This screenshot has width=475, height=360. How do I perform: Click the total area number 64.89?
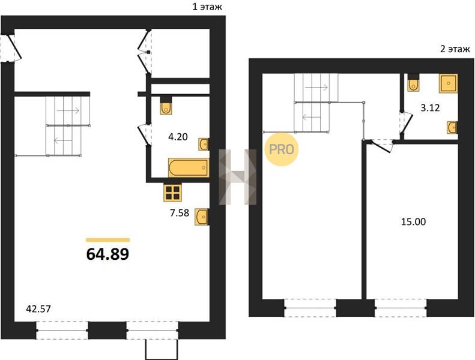pyautogui.click(x=108, y=254)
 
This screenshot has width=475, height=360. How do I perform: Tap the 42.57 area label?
pyautogui.click(x=39, y=309)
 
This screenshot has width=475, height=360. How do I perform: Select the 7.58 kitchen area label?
pyautogui.click(x=180, y=213)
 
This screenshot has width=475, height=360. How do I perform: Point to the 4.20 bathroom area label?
pyautogui.click(x=178, y=137)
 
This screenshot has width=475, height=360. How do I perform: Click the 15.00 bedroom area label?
pyautogui.click(x=414, y=222)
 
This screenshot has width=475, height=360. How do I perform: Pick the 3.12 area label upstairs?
pyautogui.click(x=430, y=108)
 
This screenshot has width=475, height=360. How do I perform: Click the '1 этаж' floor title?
pyautogui.click(x=207, y=7)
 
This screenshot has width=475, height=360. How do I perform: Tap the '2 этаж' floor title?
pyautogui.click(x=455, y=49)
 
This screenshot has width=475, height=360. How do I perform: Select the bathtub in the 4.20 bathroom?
pyautogui.click(x=189, y=167)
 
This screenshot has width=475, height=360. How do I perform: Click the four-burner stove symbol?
pyautogui.click(x=173, y=193)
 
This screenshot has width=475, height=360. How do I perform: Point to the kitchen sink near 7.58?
pyautogui.click(x=201, y=217)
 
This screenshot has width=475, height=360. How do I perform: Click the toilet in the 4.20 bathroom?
pyautogui.click(x=166, y=106)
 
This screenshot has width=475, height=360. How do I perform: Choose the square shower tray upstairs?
pyautogui.click(x=449, y=83)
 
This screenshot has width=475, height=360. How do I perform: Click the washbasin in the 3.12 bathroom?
pyautogui.click(x=452, y=127)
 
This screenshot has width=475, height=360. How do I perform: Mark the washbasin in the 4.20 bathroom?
pyautogui.click(x=204, y=144)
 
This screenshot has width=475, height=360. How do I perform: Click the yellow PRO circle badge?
pyautogui.click(x=282, y=149)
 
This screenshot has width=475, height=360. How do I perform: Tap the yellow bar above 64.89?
pyautogui.click(x=108, y=240)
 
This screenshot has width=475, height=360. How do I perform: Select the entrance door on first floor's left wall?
pyautogui.click(x=14, y=47)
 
